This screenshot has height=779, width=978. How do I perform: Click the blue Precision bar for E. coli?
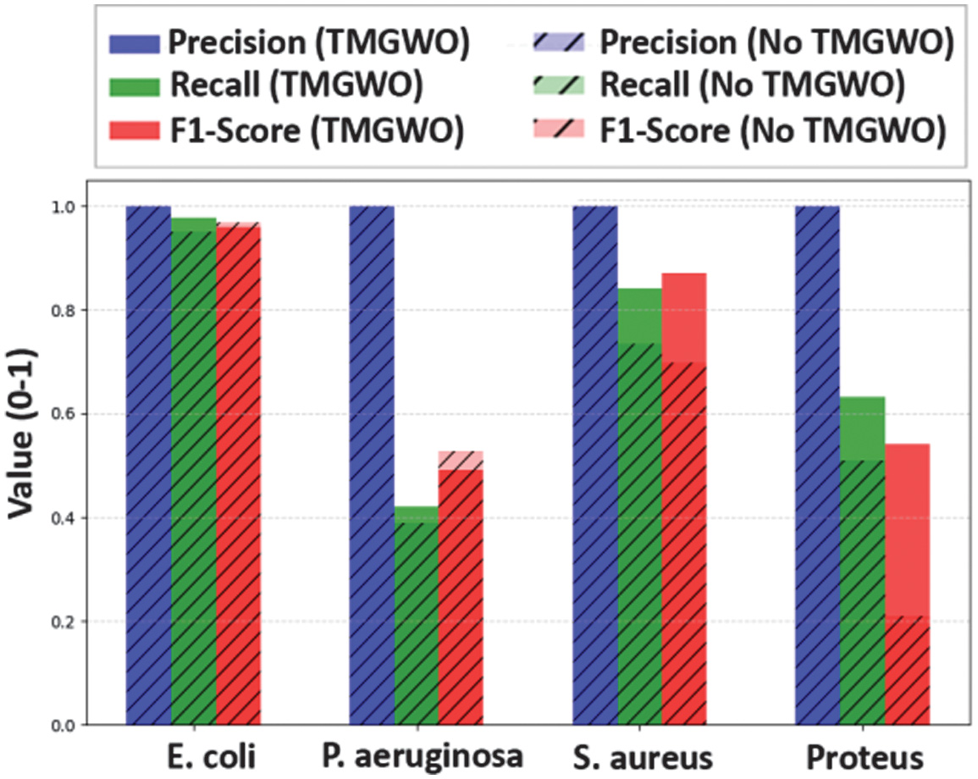click(x=148, y=466)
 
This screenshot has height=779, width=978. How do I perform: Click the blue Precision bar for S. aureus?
click(x=595, y=466)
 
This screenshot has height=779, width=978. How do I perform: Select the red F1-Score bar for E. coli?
click(x=238, y=474)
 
